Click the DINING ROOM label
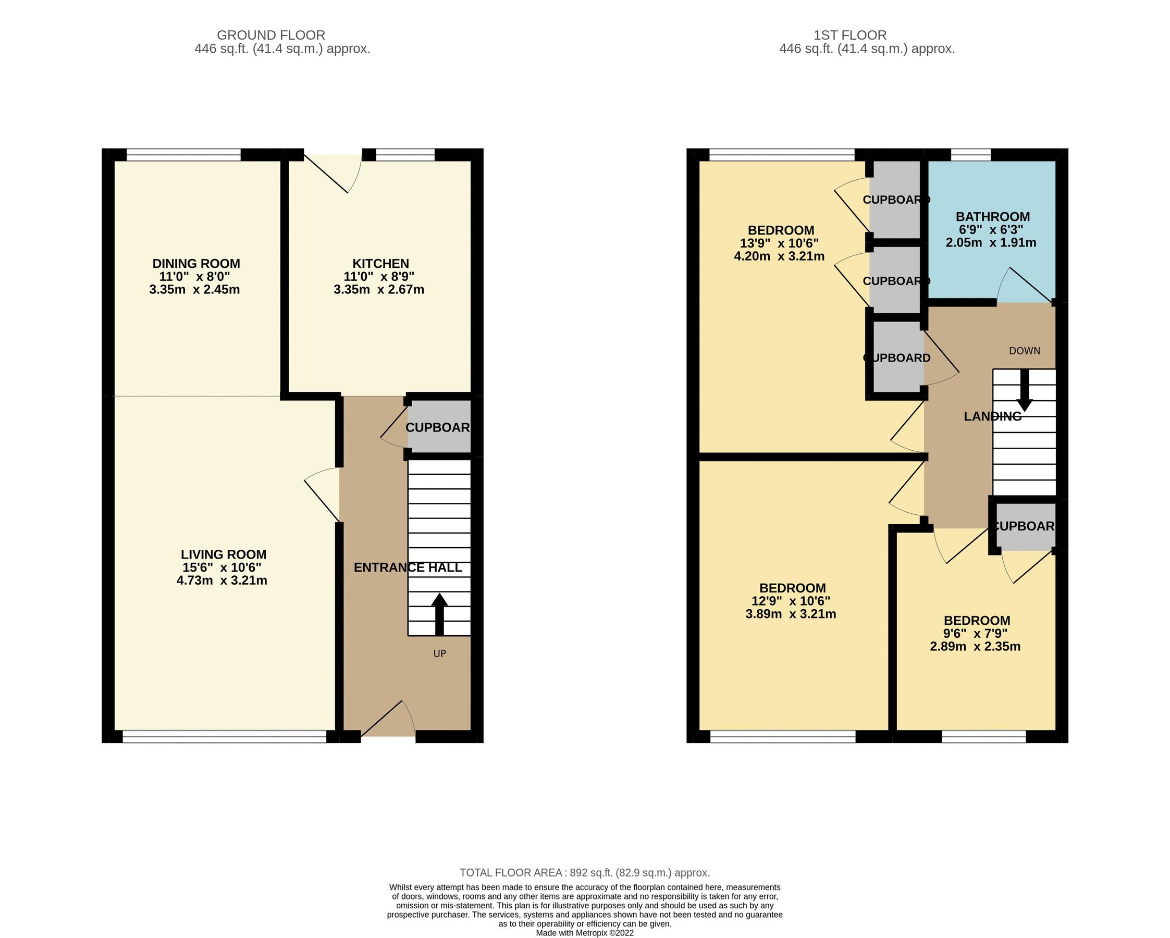[196, 264]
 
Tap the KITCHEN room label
[380, 264]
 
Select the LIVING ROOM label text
[223, 554]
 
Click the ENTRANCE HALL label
[408, 567]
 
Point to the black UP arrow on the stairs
[439, 613]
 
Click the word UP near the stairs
[439, 653]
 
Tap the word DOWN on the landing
[1024, 351]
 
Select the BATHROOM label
[993, 217]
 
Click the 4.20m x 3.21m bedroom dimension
[779, 256]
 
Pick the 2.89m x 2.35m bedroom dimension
[975, 647]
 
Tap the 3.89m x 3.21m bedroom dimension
[790, 614]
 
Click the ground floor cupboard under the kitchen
[438, 427]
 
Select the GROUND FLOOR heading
[271, 35]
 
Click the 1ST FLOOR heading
[849, 35]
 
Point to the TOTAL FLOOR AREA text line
[584, 873]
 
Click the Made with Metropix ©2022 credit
[584, 933]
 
